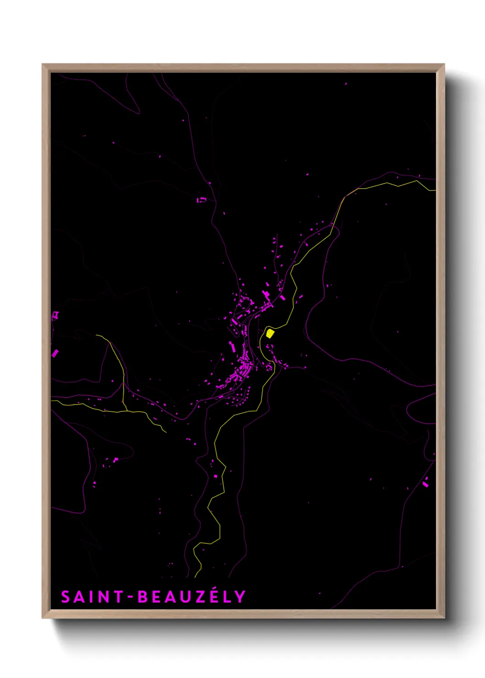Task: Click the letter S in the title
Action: pyautogui.click(x=66, y=597)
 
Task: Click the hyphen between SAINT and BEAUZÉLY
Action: pyautogui.click(x=130, y=597)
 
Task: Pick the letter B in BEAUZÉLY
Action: pyautogui.click(x=143, y=597)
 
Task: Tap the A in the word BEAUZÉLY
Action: pyautogui.click(x=171, y=597)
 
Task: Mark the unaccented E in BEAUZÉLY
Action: pyautogui.click(x=156, y=597)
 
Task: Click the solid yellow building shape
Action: pyautogui.click(x=270, y=333)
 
